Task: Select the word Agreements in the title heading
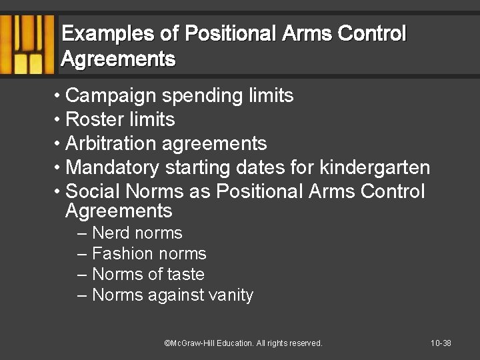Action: coord(118,59)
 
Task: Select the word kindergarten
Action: coord(375,167)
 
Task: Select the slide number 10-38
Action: coord(441,343)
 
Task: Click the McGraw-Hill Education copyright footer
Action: coord(243,343)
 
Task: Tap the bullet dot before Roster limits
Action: coord(59,120)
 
